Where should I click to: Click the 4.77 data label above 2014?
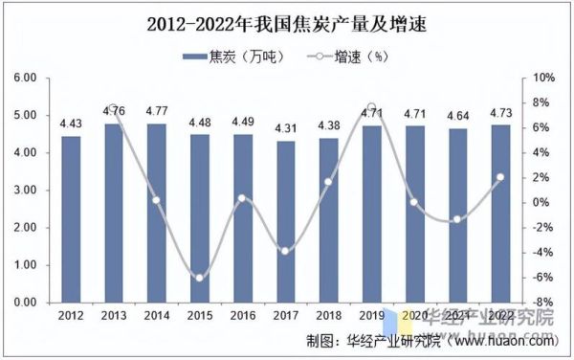(x=156, y=110)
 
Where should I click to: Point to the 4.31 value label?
(x=285, y=127)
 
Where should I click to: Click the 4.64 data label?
(x=457, y=115)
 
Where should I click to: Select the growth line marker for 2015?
(x=199, y=278)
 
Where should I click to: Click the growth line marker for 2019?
(x=371, y=107)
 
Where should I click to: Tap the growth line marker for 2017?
(x=285, y=251)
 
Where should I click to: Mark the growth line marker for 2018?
(x=328, y=182)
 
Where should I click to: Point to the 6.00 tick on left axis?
(x=23, y=78)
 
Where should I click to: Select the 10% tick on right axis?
(x=544, y=78)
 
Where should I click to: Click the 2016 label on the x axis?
(x=242, y=315)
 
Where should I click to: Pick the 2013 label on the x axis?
(x=113, y=315)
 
